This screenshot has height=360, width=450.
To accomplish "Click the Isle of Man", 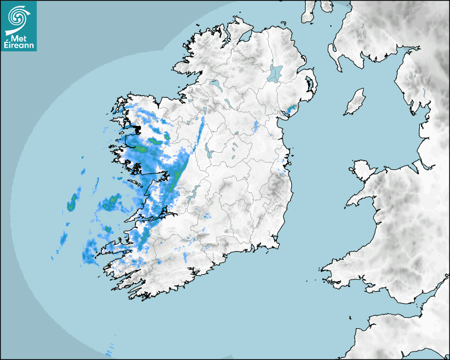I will pos(355,102).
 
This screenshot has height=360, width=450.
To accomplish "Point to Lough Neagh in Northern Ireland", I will pos(275,73).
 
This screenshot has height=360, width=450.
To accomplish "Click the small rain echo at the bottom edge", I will pos(110,351).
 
